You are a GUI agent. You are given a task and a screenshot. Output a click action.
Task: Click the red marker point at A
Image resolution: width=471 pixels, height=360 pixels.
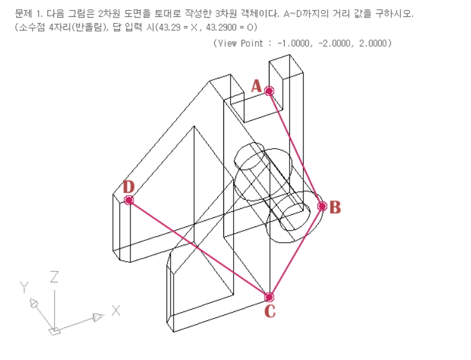point(269,91)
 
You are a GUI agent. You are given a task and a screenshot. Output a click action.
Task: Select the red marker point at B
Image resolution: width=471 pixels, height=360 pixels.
point(322,206)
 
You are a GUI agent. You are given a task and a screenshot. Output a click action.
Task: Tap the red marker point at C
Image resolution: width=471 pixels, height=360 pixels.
point(269,297)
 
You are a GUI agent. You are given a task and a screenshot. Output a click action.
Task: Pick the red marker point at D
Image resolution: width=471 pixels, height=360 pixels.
point(129,200)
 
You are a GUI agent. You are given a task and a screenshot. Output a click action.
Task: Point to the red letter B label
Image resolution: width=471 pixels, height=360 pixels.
point(335,208)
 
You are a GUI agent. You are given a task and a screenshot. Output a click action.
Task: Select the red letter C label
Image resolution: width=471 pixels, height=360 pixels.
point(270,312)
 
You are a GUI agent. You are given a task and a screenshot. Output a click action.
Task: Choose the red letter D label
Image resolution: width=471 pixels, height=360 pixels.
point(129,186)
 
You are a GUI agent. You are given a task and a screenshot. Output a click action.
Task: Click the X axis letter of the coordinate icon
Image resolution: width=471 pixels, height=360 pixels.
point(116,311)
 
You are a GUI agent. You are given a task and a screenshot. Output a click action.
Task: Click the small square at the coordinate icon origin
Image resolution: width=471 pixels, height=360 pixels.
point(55,330)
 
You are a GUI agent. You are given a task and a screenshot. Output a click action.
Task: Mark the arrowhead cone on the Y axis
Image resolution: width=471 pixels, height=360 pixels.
point(36,303)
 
